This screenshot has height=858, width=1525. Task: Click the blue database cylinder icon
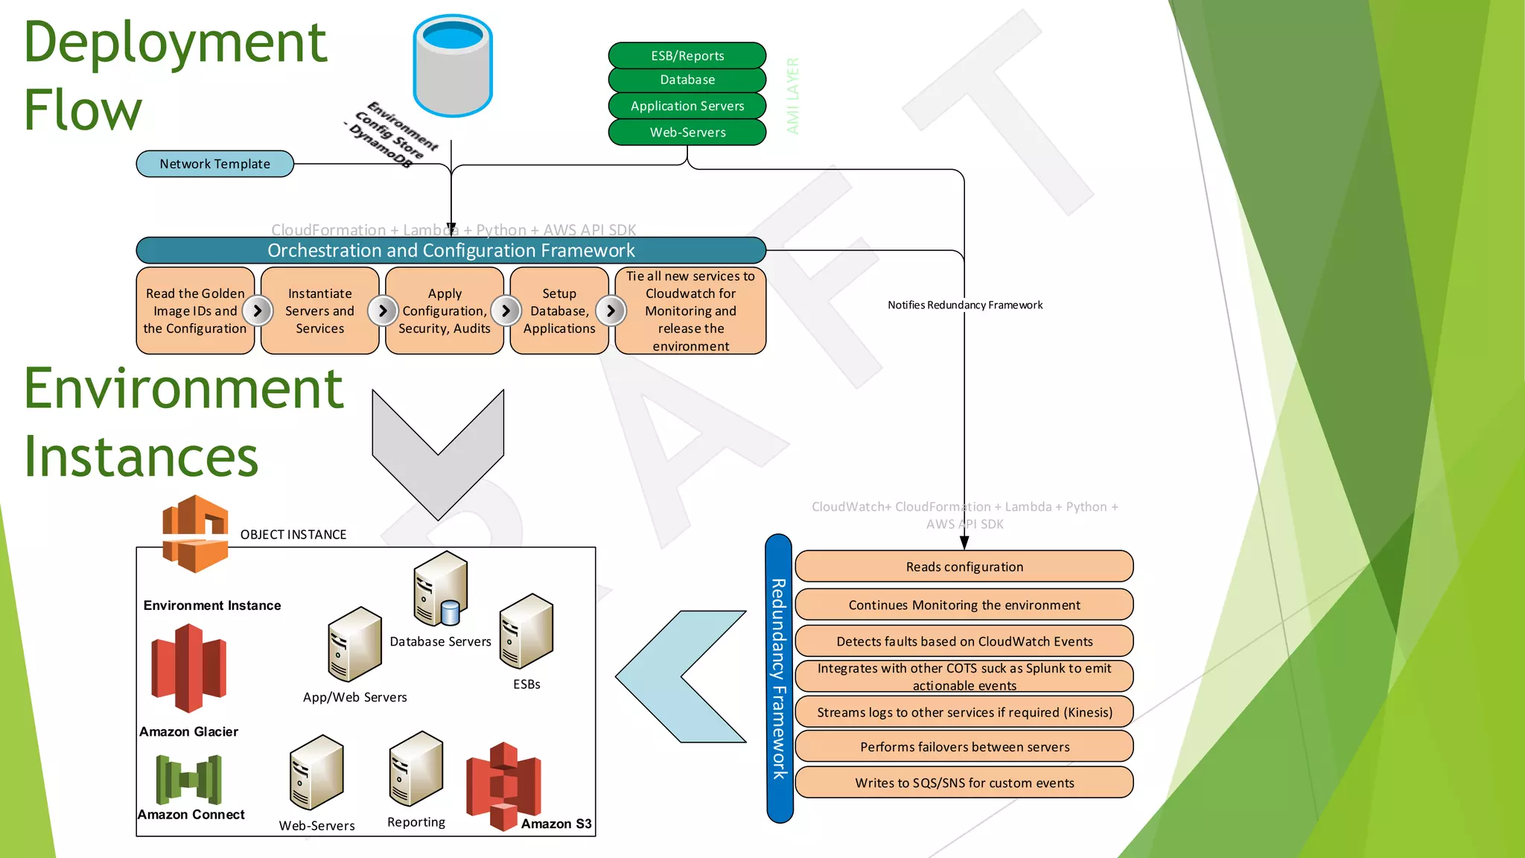click(x=453, y=66)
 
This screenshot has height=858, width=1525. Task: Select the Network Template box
click(x=214, y=164)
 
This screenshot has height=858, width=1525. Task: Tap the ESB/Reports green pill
click(x=687, y=56)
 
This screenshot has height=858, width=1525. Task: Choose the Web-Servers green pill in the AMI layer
click(x=687, y=133)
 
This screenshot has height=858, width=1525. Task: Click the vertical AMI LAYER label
click(x=793, y=95)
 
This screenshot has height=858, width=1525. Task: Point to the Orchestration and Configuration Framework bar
click(x=451, y=250)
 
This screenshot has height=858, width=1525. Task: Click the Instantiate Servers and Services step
click(x=319, y=311)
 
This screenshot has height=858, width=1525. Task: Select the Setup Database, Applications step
click(x=558, y=311)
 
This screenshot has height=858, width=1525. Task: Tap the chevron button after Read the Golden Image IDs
click(x=258, y=311)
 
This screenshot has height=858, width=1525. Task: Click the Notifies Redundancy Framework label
click(x=964, y=305)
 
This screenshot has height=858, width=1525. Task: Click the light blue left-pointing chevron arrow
click(x=679, y=676)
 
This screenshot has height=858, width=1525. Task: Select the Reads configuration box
click(x=964, y=567)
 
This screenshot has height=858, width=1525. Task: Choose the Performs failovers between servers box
click(x=964, y=746)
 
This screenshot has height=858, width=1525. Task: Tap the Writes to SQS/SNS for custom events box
click(x=964, y=783)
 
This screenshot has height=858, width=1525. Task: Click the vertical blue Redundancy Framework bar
click(x=779, y=678)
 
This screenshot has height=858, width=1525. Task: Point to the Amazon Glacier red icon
click(x=188, y=668)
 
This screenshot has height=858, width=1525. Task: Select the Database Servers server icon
click(x=440, y=589)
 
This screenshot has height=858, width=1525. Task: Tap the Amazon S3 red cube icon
click(x=503, y=786)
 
